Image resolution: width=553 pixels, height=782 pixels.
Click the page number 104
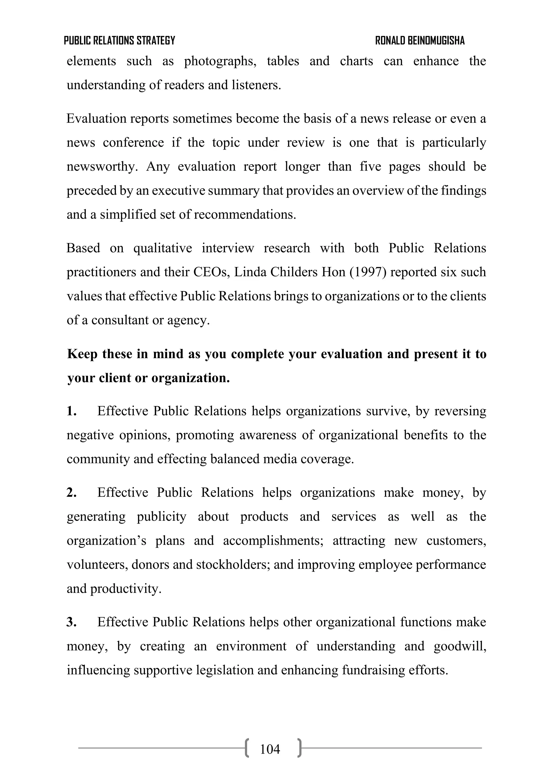pos(270,749)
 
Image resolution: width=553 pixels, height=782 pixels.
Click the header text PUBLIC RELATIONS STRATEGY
pos(119,40)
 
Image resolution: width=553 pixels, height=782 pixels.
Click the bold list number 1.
pos(71,411)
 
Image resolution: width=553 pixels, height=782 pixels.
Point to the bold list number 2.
pos(71,493)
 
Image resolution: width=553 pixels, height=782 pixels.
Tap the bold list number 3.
pos(71,622)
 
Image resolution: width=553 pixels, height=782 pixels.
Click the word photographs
pos(220,62)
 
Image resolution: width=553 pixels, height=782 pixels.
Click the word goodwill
pos(459,646)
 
